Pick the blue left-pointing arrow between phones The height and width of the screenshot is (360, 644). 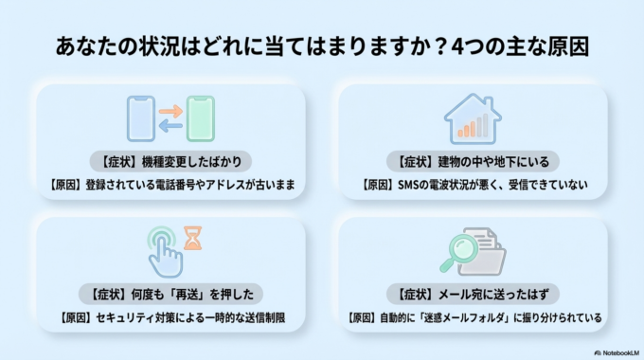pyautogui.click(x=170, y=126)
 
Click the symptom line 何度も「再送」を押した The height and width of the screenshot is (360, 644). pyautogui.click(x=170, y=293)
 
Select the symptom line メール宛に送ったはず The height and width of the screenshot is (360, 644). pyautogui.click(x=474, y=293)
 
